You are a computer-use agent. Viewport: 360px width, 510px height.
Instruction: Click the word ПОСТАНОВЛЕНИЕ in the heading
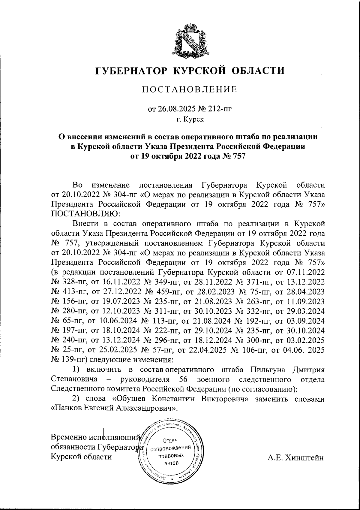[x=189, y=89]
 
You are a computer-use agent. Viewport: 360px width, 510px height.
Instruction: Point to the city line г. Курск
[x=190, y=120]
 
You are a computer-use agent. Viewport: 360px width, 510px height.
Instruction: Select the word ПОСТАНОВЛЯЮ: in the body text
[x=86, y=213]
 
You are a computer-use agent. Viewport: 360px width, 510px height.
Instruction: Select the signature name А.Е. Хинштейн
[x=296, y=457]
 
